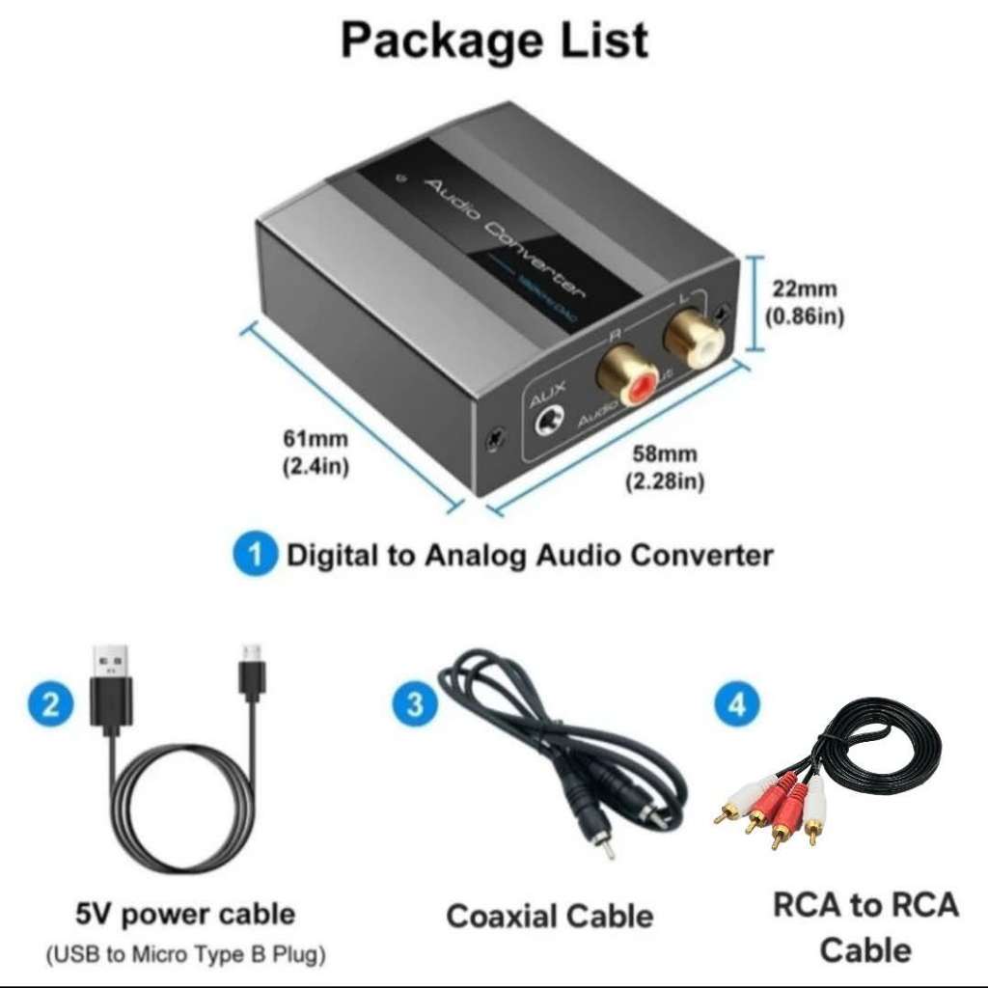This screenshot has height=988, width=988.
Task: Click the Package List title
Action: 494,41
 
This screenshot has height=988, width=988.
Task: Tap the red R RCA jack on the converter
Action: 627,376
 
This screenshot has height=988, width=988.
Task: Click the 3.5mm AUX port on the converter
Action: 551,423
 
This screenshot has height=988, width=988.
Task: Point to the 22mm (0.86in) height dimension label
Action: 804,302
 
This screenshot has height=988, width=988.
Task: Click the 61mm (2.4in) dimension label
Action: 316,452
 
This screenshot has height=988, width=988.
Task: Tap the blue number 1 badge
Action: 255,556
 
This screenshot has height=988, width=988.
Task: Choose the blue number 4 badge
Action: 736,705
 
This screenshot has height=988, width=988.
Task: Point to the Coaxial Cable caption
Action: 549,915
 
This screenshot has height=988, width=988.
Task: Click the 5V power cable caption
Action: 185,913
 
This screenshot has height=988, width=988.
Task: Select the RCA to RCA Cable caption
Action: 865,926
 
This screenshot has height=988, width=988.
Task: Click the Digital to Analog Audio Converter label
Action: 530,556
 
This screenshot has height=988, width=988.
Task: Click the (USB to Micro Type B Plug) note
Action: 185,955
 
